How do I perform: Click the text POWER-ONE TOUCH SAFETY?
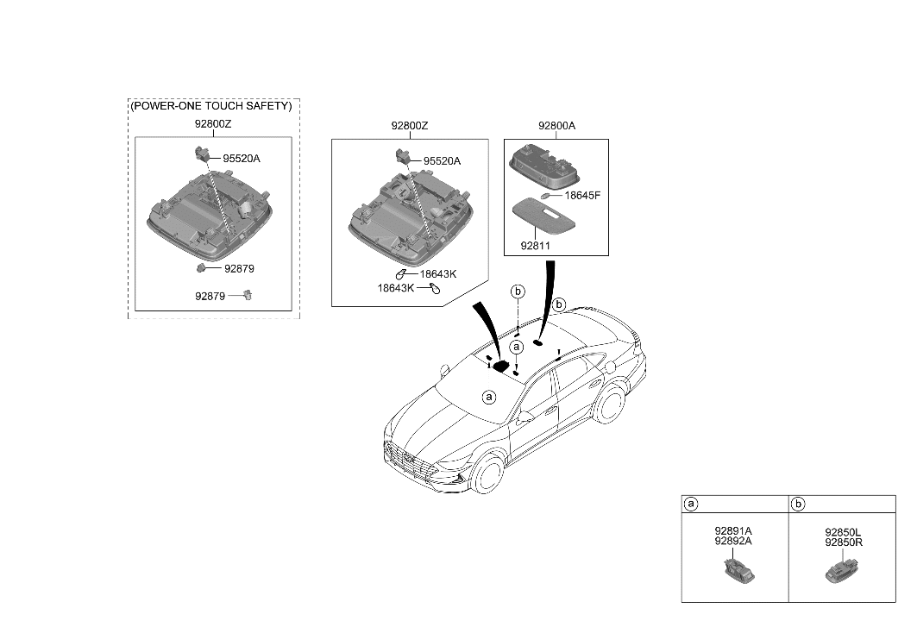click(x=210, y=106)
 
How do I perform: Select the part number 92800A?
click(x=556, y=126)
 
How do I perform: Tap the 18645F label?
click(x=582, y=196)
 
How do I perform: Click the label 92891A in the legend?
click(x=733, y=530)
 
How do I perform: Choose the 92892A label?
click(x=733, y=542)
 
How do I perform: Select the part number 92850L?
click(x=843, y=532)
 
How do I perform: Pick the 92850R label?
click(x=843, y=542)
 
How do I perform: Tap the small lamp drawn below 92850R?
click(x=840, y=570)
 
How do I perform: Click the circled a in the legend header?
click(x=690, y=503)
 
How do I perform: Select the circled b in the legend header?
click(x=798, y=503)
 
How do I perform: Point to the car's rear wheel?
click(x=612, y=405)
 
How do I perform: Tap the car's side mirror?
click(x=524, y=417)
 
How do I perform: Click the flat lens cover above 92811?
click(x=549, y=216)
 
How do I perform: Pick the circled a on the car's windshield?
click(x=489, y=398)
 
